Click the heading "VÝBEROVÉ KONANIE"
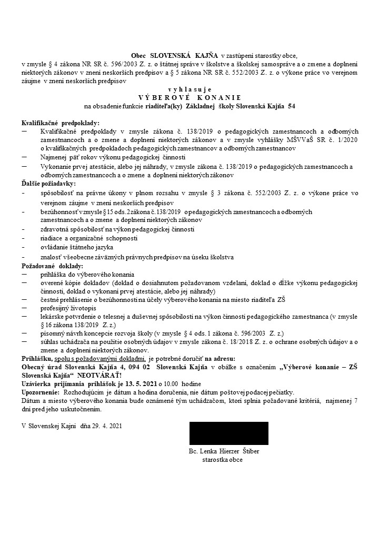coord(189,98)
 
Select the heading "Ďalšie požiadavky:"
coord(48,184)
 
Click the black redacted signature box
coord(228,433)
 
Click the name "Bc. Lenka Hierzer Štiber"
coord(223,452)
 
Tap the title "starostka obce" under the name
coord(223,460)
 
